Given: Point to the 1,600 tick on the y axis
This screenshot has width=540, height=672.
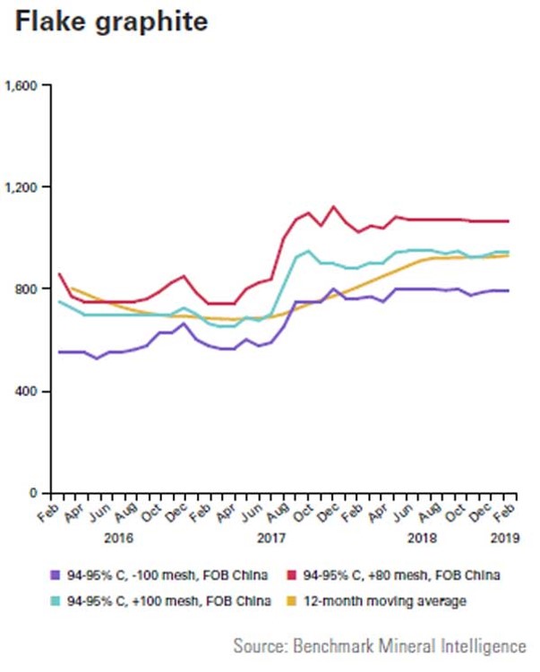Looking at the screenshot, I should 21,86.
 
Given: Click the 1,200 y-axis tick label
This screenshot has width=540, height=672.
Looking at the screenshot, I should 21,187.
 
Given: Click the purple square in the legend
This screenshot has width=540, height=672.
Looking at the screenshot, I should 56,574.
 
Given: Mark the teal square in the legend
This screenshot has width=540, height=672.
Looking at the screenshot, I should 56,601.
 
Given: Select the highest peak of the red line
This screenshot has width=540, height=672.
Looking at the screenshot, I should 334,206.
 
